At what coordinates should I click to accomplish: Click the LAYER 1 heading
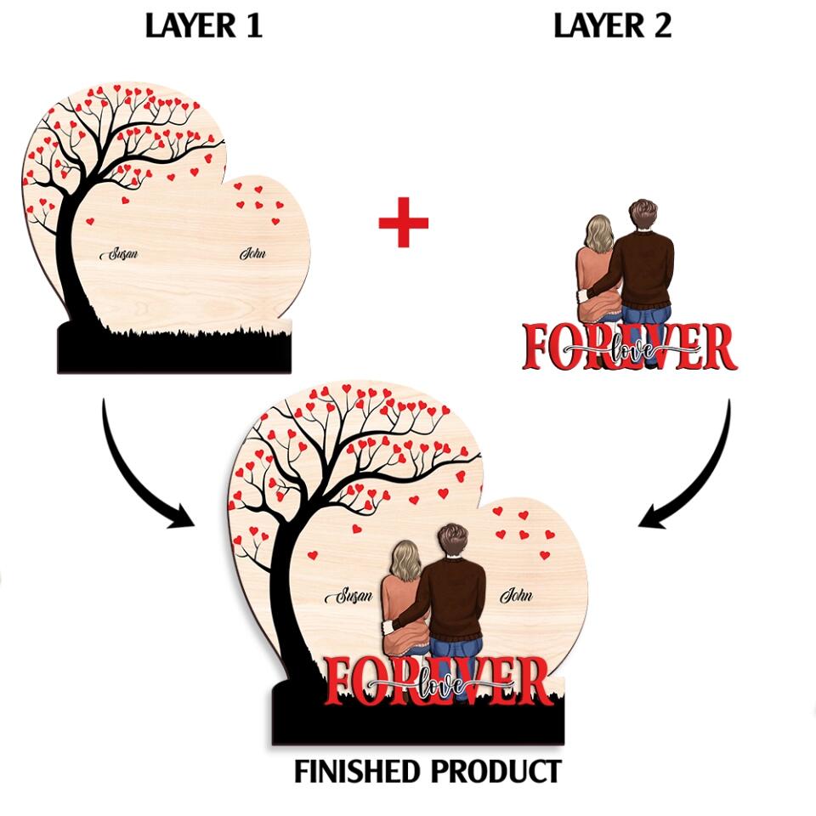[x=203, y=25]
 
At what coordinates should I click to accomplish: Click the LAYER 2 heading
[x=612, y=25]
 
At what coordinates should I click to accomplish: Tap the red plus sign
[x=403, y=223]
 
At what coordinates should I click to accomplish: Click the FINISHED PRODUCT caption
[x=428, y=772]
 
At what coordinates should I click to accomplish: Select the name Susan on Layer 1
[x=119, y=254]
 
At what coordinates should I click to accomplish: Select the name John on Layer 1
[x=252, y=253]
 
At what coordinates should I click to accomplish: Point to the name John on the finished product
[x=516, y=595]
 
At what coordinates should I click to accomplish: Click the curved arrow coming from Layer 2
[x=697, y=476]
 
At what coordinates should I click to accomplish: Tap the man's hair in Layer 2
[x=643, y=212]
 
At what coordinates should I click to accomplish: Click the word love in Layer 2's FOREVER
[x=632, y=348]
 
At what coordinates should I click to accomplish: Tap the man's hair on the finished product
[x=452, y=538]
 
